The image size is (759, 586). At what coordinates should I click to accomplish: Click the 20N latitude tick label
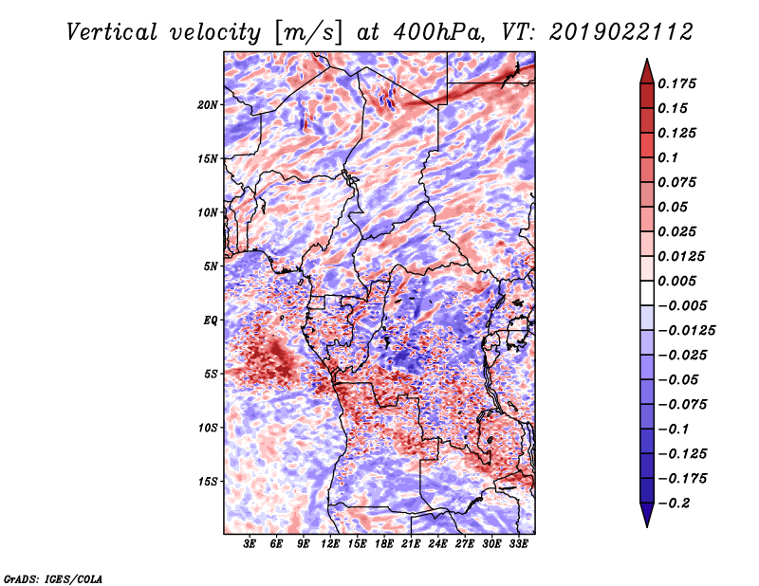[x=208, y=105]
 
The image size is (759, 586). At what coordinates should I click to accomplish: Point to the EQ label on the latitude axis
[x=211, y=320]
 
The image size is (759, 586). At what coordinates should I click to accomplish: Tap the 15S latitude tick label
[x=208, y=482]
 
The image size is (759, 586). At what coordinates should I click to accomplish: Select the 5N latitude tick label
[x=211, y=266]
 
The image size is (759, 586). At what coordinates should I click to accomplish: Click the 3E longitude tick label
[x=250, y=544]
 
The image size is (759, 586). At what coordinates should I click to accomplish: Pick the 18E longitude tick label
[x=384, y=544]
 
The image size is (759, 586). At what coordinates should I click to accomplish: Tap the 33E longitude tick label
[x=518, y=544]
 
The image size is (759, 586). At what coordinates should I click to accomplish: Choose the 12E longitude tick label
[x=330, y=544]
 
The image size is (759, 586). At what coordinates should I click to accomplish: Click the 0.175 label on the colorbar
[x=676, y=83]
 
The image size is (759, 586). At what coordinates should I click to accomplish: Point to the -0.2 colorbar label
[x=675, y=504]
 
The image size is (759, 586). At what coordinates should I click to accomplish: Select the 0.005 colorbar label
[x=676, y=281]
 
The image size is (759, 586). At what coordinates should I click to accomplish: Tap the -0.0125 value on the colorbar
[x=686, y=331]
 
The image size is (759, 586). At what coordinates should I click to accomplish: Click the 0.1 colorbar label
[x=668, y=157]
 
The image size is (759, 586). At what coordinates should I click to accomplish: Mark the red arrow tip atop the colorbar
[x=647, y=59]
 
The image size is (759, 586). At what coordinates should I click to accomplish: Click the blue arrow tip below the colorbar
[x=647, y=526]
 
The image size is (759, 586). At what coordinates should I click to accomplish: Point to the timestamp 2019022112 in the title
[x=621, y=32]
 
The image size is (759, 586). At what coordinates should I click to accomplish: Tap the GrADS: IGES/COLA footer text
[x=53, y=578]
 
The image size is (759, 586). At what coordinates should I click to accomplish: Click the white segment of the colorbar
[x=647, y=293]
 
